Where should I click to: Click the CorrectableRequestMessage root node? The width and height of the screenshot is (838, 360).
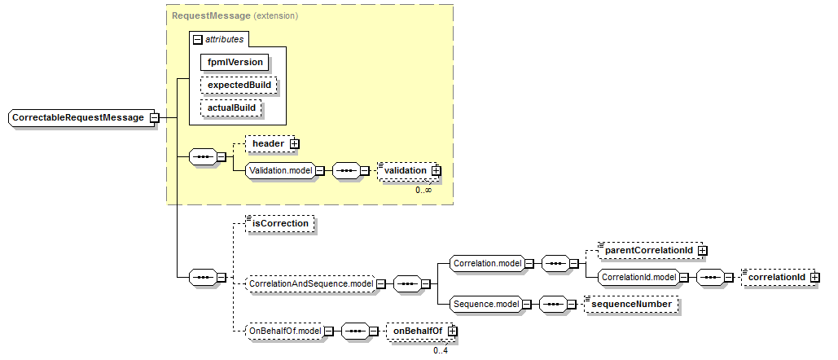pos(78,118)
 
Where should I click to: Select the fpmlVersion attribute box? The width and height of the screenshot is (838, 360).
pos(235,61)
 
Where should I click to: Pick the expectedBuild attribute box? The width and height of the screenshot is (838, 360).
pos(239,85)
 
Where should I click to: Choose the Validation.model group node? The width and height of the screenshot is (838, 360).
pos(279,170)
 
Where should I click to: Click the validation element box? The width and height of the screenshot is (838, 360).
pos(406,170)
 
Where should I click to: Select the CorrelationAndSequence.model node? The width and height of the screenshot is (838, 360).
pos(310,283)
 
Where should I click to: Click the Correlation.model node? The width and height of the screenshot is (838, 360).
pos(487,263)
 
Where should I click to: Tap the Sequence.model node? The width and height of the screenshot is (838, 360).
pos(486,304)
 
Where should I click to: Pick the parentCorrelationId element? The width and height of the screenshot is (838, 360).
pos(647,250)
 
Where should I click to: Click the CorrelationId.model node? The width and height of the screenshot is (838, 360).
pos(638,277)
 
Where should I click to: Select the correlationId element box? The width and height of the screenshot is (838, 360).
pos(777,277)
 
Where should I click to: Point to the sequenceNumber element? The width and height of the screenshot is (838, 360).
pos(631,304)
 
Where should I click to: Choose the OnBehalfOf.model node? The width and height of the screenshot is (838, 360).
pos(283,331)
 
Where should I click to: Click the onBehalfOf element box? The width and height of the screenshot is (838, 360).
pos(416,331)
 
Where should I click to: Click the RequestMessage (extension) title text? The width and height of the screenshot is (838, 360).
pos(235,15)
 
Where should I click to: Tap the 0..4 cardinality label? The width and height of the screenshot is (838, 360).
pos(441,351)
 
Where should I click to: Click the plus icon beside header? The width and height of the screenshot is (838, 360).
pos(294,143)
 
